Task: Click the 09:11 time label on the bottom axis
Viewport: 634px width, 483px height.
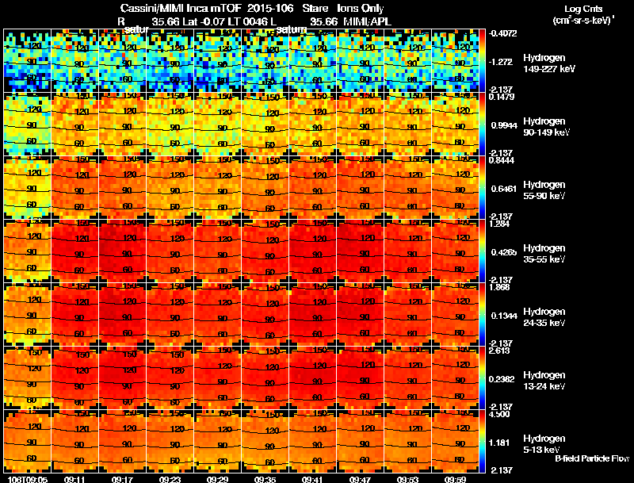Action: (x=76, y=479)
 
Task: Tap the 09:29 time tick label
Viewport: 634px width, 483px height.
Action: (x=219, y=479)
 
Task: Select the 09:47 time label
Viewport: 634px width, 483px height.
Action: (x=361, y=479)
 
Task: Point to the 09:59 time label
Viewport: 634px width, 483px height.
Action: (x=455, y=479)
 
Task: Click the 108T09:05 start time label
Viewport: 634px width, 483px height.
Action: (x=27, y=479)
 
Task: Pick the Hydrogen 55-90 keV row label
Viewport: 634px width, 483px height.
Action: (x=545, y=190)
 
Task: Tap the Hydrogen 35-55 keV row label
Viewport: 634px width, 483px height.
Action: (x=545, y=254)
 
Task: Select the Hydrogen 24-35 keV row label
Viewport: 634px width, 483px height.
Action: (x=545, y=317)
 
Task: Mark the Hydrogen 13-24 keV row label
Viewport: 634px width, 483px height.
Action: (x=545, y=380)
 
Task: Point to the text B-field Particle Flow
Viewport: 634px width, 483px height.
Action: (x=592, y=458)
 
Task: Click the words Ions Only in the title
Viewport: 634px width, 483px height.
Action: (x=361, y=9)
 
